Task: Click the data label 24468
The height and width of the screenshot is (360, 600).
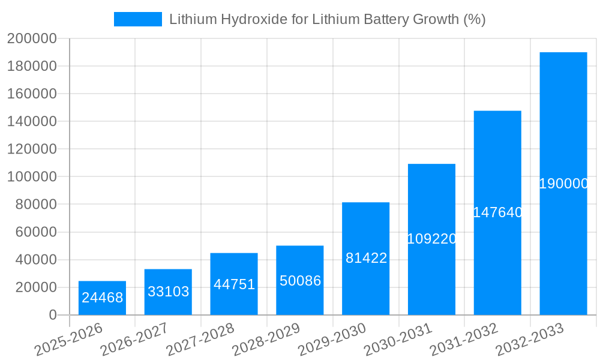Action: click(x=103, y=297)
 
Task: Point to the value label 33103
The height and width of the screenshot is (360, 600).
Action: click(x=169, y=292)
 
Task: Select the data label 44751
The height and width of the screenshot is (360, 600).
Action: click(x=234, y=284)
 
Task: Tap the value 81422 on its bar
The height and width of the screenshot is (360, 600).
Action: click(x=366, y=258)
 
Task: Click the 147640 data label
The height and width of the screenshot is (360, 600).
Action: click(x=497, y=212)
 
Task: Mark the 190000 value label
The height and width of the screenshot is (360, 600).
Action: click(x=563, y=184)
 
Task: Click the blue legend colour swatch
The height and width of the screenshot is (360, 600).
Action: click(x=138, y=19)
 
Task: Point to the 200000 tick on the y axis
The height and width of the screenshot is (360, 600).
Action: click(x=32, y=39)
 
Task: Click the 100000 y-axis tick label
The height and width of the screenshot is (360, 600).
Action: click(x=32, y=177)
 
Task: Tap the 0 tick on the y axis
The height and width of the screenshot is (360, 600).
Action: click(x=53, y=315)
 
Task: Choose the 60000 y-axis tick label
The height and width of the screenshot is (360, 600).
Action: click(x=35, y=232)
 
